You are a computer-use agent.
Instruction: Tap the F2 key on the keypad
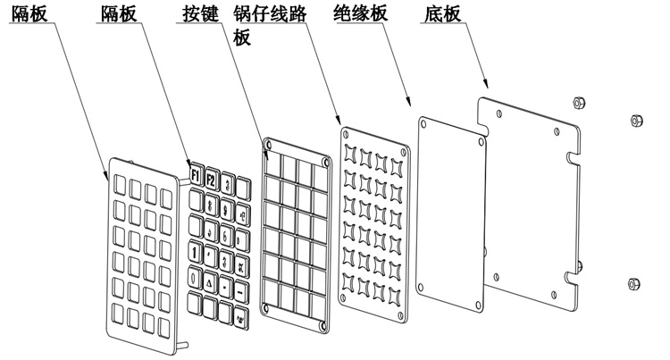click(211, 177)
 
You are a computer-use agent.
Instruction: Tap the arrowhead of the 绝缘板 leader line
click(410, 101)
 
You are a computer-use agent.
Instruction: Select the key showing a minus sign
click(241, 290)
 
